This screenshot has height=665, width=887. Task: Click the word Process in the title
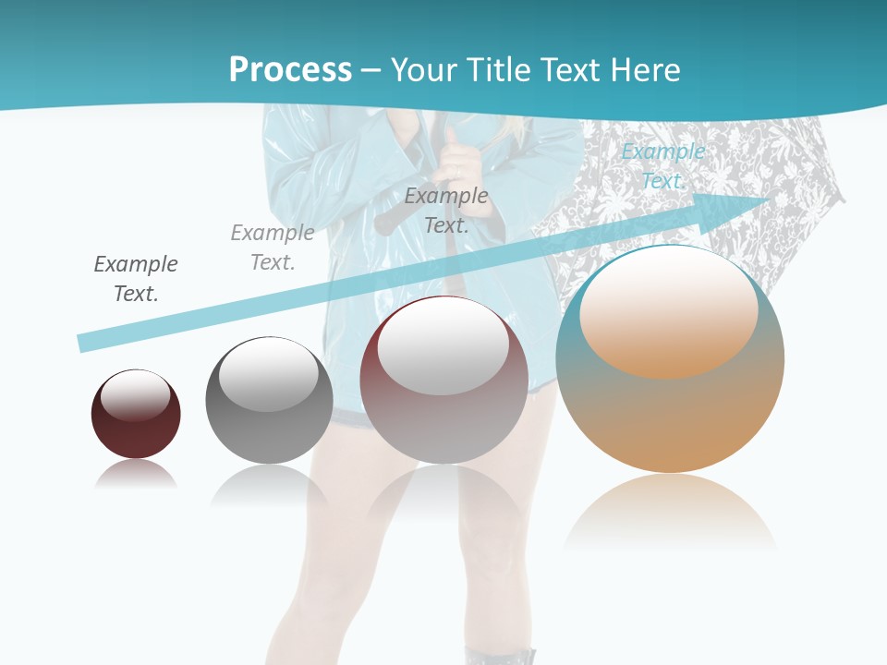tap(290, 69)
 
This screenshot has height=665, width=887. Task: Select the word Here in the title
tap(647, 69)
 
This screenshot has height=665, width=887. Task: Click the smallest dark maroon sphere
tap(136, 414)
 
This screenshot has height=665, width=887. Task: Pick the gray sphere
tap(269, 400)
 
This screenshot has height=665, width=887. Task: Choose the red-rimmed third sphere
tap(443, 380)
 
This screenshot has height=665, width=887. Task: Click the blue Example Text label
tap(662, 166)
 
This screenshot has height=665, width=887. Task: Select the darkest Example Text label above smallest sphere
tap(136, 279)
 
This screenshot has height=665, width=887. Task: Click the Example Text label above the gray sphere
tap(273, 248)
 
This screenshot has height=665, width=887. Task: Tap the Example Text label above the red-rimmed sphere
tap(446, 210)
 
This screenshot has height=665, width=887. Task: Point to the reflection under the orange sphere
tap(670, 513)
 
